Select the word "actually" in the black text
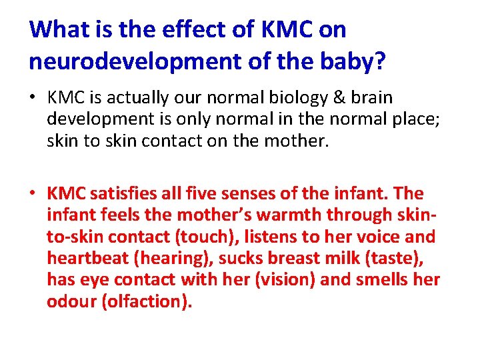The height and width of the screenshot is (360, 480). click(x=134, y=98)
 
